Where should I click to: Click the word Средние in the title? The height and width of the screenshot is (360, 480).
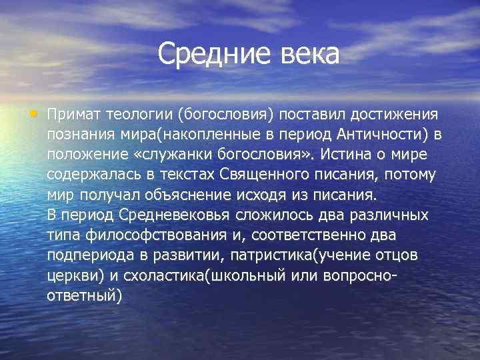pos(211,54)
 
